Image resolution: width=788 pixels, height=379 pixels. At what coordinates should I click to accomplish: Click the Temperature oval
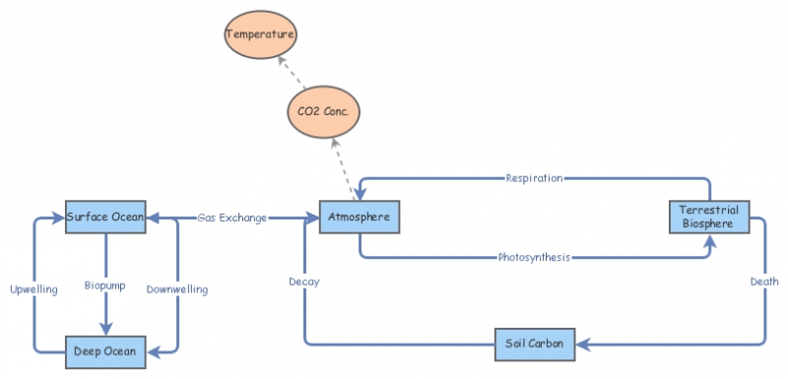260,35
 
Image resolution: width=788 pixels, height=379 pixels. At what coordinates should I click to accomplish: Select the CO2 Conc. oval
323,111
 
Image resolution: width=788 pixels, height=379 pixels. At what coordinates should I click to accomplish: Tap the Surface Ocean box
105,217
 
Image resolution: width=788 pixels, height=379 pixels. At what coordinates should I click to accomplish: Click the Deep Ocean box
105,349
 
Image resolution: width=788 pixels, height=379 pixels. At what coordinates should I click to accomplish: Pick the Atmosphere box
360,217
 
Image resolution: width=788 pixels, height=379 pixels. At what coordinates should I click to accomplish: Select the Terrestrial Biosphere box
707,217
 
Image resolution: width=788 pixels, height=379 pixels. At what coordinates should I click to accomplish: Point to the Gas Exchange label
231,218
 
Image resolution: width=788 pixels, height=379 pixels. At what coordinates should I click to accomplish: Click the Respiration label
534,178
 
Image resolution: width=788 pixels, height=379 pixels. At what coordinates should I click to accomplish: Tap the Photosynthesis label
534,258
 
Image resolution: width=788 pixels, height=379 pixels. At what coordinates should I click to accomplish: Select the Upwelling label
33,289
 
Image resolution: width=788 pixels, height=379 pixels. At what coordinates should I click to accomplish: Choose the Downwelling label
176,289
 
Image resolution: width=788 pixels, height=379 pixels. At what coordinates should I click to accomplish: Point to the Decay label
303,282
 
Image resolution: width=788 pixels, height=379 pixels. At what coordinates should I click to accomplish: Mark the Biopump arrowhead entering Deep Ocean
105,330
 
